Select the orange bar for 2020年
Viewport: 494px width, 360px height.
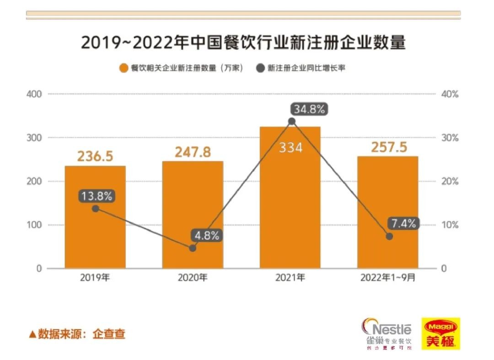(193, 215)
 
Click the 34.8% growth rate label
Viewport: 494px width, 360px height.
(309, 109)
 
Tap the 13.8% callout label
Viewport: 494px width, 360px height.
(97, 196)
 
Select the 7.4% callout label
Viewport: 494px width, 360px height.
(404, 224)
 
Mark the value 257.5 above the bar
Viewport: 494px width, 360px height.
(388, 147)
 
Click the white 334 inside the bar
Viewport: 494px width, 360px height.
(290, 148)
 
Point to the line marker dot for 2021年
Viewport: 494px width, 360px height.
(292, 121)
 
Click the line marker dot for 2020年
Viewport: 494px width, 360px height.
(193, 248)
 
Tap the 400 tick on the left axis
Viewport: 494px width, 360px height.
(35, 94)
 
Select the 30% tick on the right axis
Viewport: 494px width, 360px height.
(449, 138)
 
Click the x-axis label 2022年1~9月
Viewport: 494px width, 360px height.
(388, 278)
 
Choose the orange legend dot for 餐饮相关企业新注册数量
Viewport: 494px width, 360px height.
(123, 69)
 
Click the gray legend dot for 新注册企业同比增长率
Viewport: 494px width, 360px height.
(260, 69)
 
